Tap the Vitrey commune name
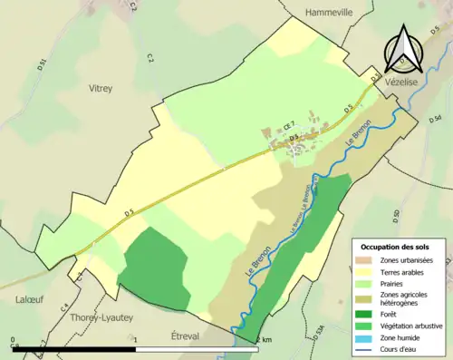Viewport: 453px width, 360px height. click(x=101, y=89)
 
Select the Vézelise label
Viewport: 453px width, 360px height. click(x=402, y=82)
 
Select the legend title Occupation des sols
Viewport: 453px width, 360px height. click(x=396, y=247)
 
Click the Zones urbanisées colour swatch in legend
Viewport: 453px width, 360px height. click(x=367, y=260)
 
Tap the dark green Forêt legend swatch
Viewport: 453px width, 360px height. click(x=367, y=313)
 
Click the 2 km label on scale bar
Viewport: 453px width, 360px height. click(x=264, y=339)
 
